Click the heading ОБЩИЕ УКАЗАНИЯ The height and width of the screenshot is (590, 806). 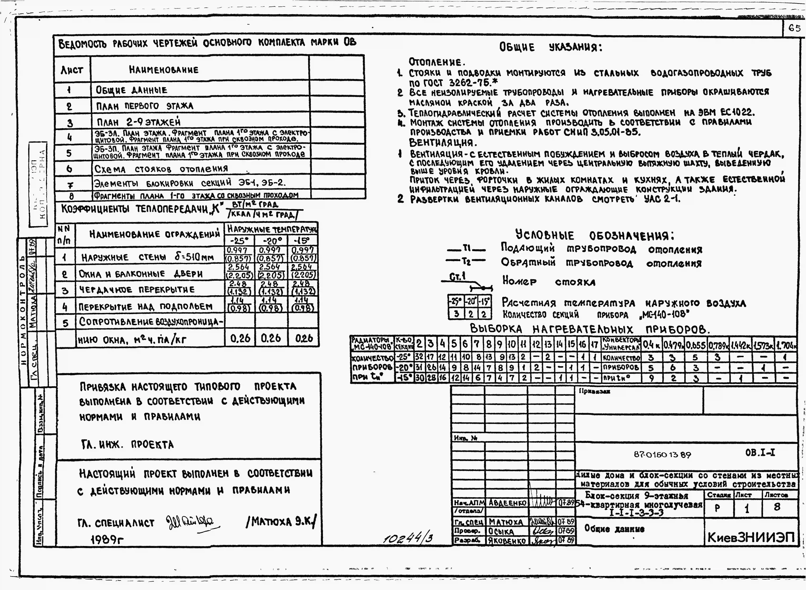[x=550, y=47]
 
